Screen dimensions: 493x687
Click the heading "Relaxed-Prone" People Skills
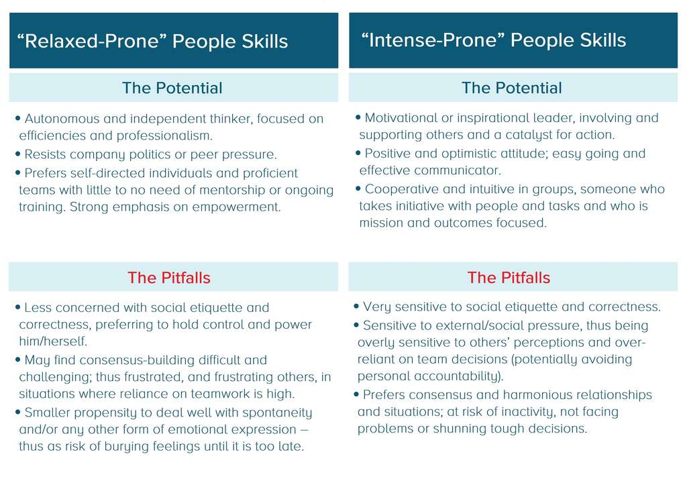(x=152, y=42)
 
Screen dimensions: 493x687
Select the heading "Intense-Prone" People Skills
(x=493, y=40)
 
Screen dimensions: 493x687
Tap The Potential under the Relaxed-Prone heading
(x=172, y=88)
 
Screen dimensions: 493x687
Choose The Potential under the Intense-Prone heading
(x=512, y=88)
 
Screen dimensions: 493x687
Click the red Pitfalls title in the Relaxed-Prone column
(x=169, y=278)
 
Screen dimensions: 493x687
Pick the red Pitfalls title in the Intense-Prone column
(x=509, y=278)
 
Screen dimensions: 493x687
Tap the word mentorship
(x=223, y=190)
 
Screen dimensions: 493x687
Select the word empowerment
(x=236, y=207)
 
